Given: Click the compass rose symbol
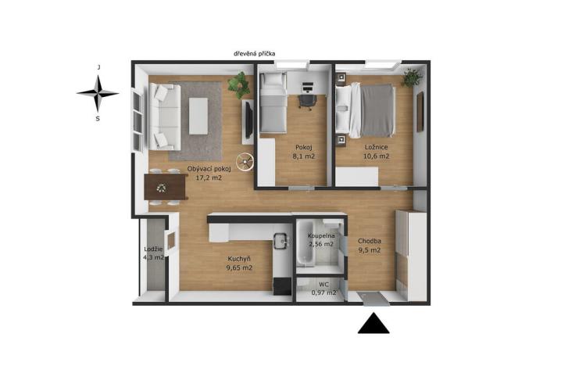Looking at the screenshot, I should point(98,93).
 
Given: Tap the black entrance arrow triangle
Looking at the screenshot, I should point(373,324).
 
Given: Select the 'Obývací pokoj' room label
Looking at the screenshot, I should point(209,169).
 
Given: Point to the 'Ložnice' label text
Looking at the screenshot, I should point(377,147).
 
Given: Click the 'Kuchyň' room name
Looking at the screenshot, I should point(238,259).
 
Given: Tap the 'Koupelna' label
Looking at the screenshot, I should point(320,235).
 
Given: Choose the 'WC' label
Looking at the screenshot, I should point(323,284).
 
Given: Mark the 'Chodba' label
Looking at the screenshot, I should point(369,241).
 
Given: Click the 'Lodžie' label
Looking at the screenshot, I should point(153,249).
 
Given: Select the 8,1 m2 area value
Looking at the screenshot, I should point(305,156).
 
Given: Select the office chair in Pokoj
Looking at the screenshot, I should point(307,100).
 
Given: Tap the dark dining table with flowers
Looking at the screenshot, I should point(165,187).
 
